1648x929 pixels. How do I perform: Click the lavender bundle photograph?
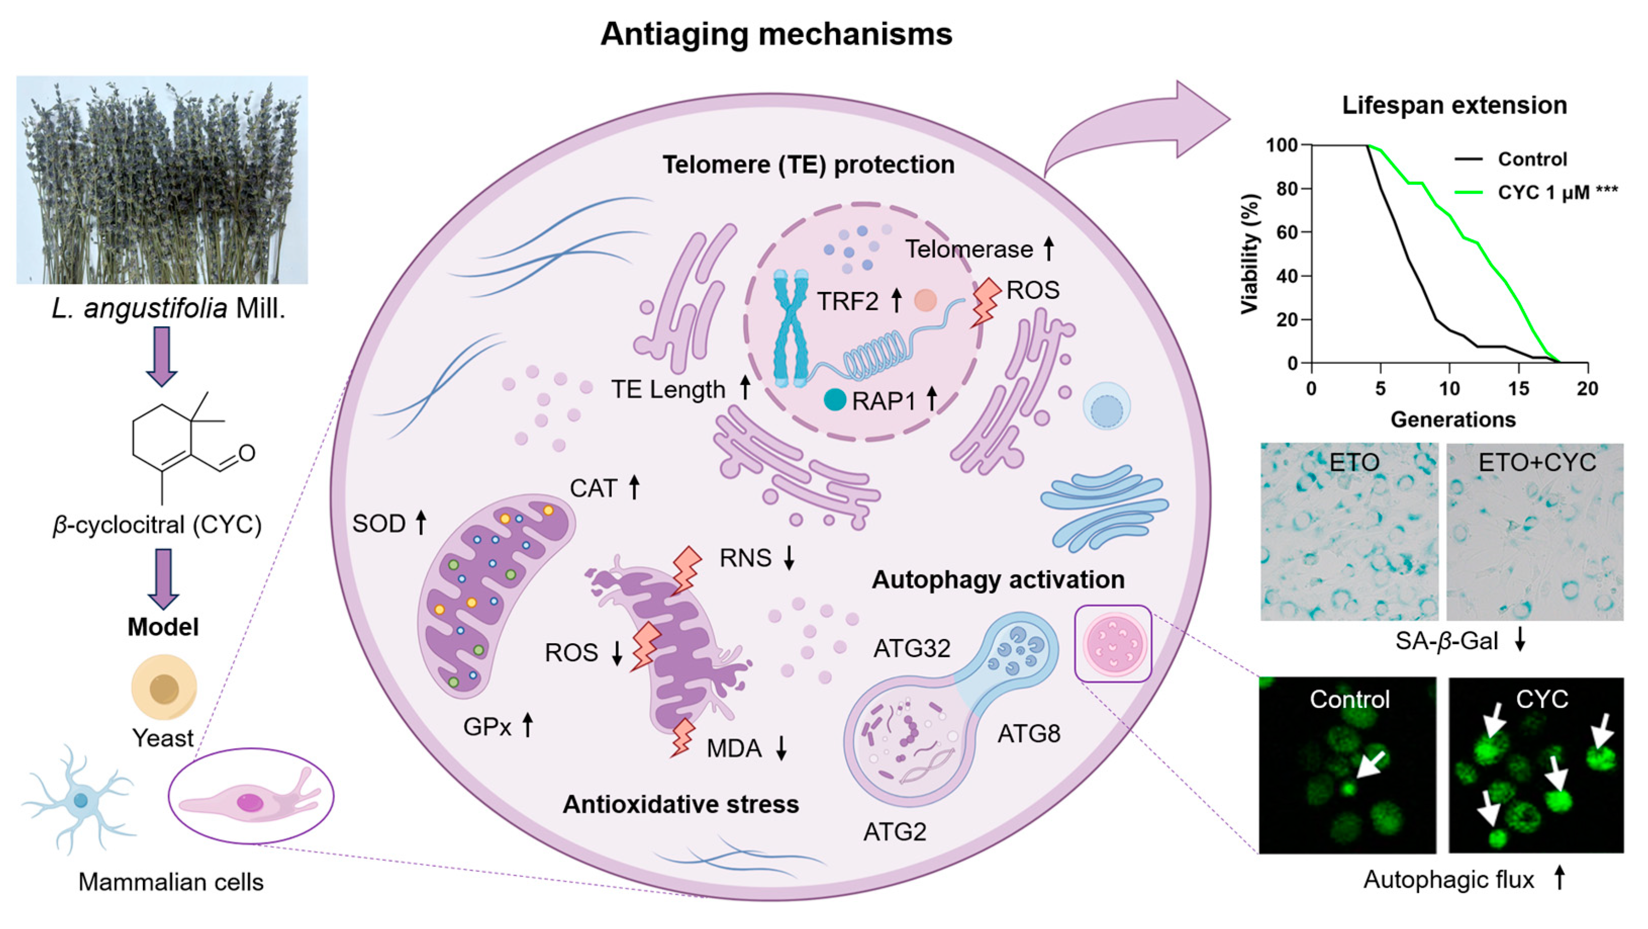click(x=162, y=180)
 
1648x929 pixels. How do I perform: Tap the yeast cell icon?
click(x=164, y=688)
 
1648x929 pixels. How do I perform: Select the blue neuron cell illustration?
click(x=79, y=800)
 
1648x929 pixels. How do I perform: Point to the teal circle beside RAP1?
click(x=835, y=400)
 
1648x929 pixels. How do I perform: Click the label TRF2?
click(x=848, y=301)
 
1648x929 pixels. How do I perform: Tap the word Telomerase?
click(x=968, y=249)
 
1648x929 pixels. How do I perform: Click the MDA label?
click(x=733, y=748)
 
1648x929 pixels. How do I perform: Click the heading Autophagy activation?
click(x=997, y=579)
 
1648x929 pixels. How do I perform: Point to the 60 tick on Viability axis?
click(x=1286, y=232)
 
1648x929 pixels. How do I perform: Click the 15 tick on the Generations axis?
click(x=1519, y=388)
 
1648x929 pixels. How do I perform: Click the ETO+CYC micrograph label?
click(x=1537, y=463)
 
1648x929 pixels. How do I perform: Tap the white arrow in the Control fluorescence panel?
click(x=1369, y=765)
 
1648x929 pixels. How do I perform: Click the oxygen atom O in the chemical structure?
click(x=247, y=454)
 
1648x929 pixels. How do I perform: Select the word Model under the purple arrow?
click(x=163, y=626)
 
